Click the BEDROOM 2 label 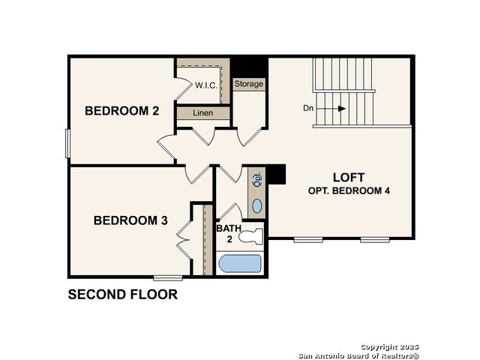(121, 111)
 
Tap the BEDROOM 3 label (130, 220)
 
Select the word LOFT (349, 178)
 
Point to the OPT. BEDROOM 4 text (349, 190)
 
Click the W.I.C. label (206, 85)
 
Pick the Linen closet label (203, 113)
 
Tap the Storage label (248, 83)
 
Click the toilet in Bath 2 (250, 237)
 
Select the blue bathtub (240, 263)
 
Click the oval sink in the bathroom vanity (257, 206)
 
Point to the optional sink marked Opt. (257, 180)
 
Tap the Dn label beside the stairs (308, 108)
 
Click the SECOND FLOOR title (123, 295)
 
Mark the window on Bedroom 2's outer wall (67, 143)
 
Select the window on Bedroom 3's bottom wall (168, 278)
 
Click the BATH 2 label (229, 233)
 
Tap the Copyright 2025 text (389, 347)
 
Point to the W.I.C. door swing (184, 89)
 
